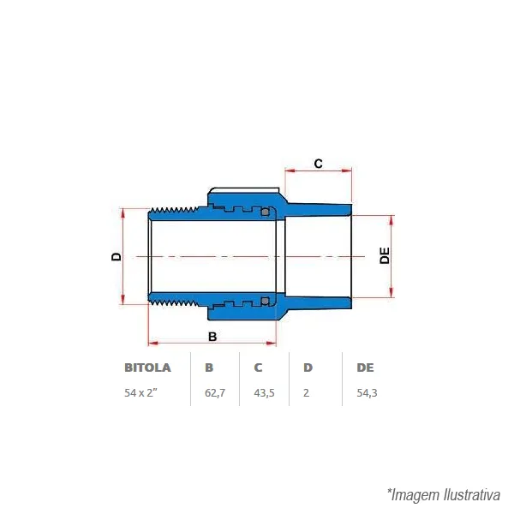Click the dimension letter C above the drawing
318,164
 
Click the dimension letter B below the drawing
212,337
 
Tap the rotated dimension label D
117,256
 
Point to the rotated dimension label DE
385,255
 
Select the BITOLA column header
147,368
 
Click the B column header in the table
209,368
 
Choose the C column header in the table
258,368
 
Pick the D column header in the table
308,368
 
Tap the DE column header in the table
365,368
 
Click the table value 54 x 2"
141,392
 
